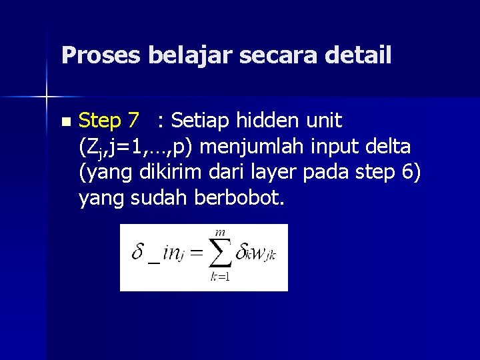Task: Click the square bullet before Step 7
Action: point(65,122)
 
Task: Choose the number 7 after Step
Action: point(134,121)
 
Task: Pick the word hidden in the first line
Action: point(266,121)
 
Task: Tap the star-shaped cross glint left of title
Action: point(47,98)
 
